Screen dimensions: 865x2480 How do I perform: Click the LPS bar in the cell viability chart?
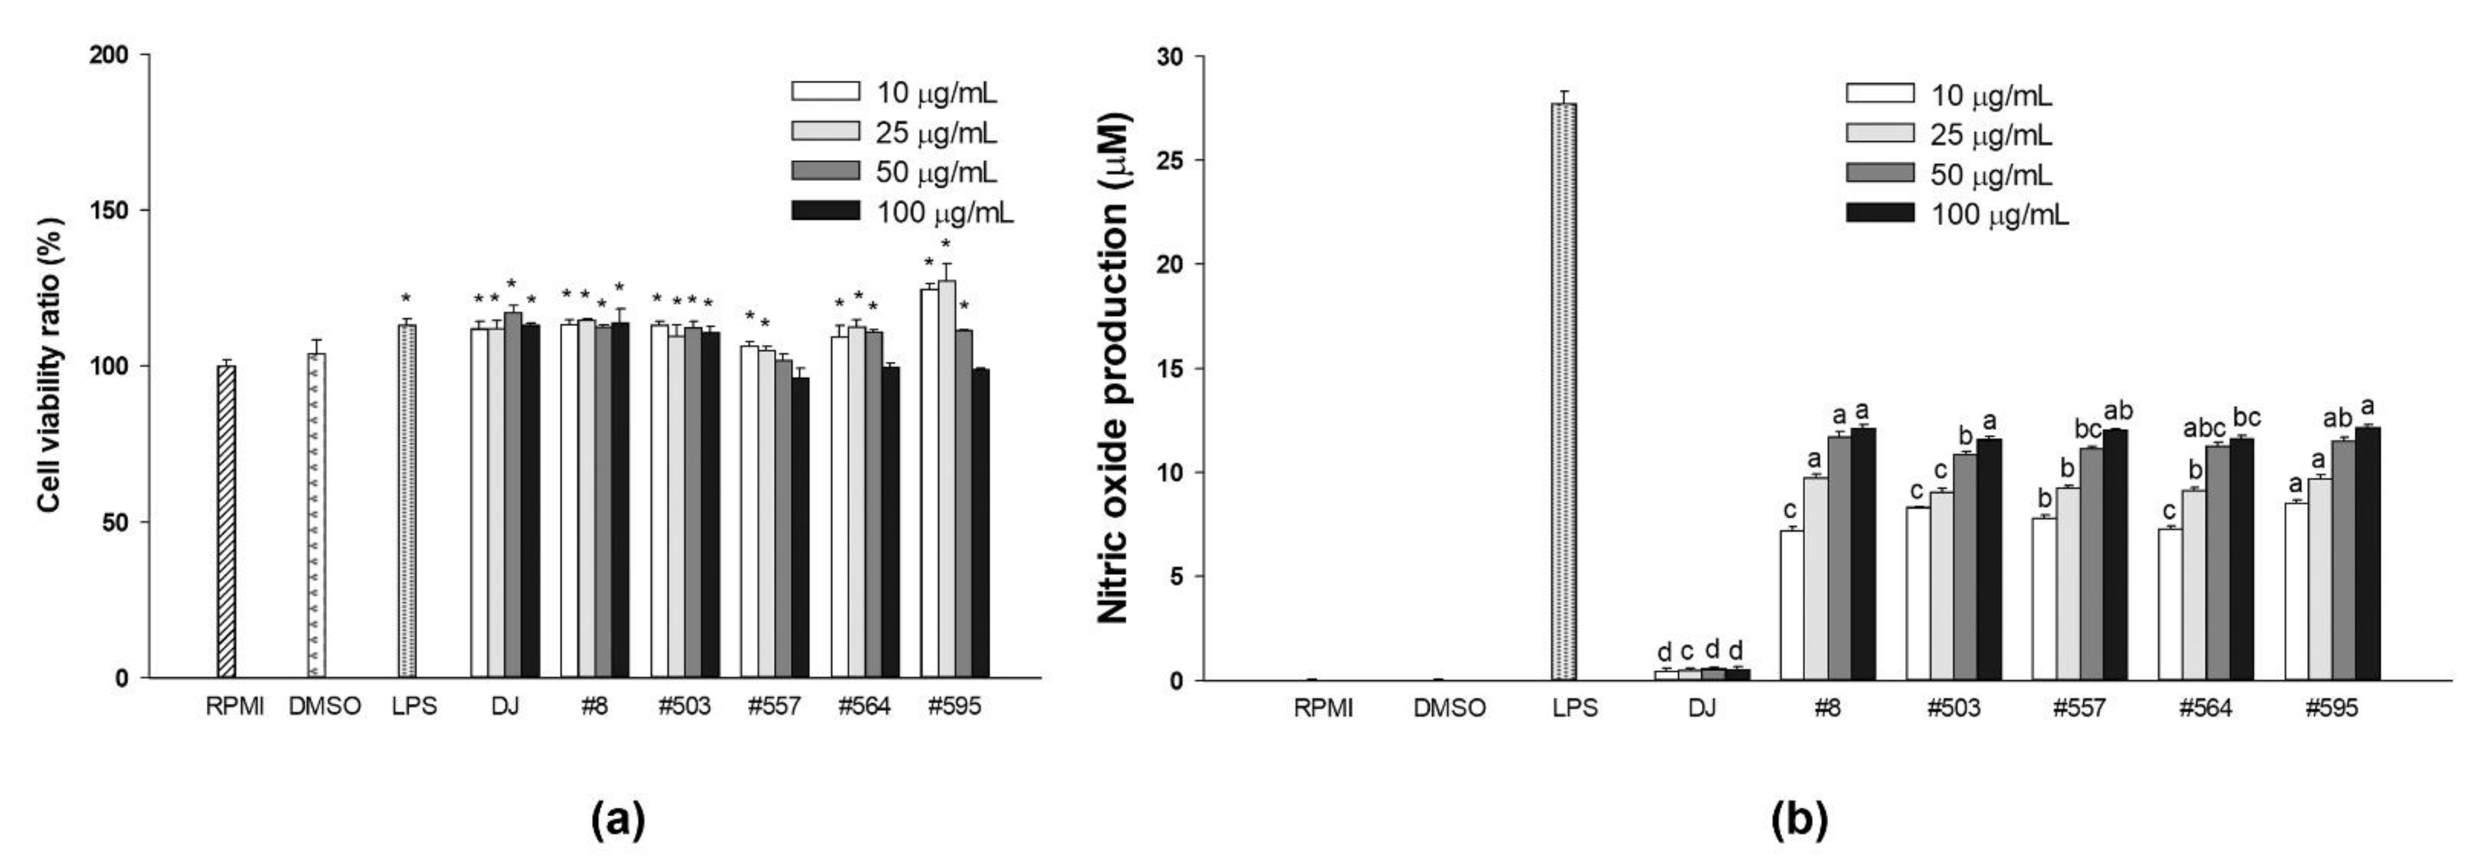click(x=407, y=501)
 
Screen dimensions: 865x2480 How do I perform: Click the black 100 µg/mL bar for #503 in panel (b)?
click(x=1989, y=559)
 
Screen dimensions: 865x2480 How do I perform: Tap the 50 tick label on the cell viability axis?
click(x=115, y=522)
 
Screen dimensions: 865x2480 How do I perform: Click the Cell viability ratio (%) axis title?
click(x=50, y=366)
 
